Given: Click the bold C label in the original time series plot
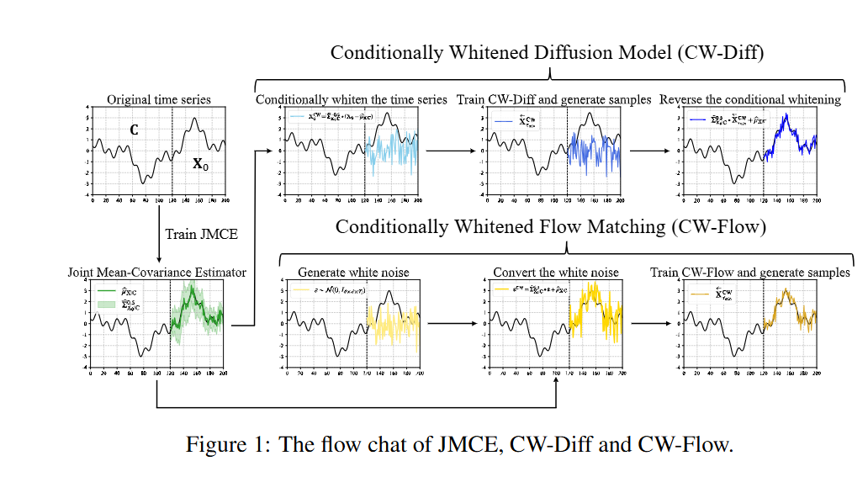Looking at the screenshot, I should click(x=133, y=130).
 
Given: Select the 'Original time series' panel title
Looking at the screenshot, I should click(x=158, y=99).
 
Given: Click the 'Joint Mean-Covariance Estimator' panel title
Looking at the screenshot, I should click(x=157, y=272).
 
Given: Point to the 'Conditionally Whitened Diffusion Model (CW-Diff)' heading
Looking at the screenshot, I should click(x=547, y=53).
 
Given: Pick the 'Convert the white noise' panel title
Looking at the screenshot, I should click(x=555, y=272).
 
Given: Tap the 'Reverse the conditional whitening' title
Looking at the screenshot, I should click(x=749, y=99).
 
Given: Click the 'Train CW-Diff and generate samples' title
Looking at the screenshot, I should click(x=553, y=99).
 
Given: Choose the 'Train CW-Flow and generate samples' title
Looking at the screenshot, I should click(x=750, y=272).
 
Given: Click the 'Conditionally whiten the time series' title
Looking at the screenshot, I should click(x=352, y=99).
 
